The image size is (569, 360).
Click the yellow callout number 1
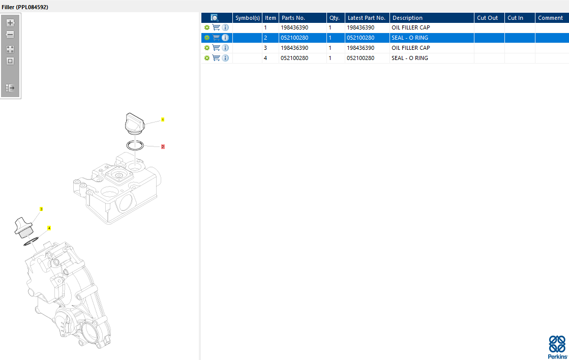tap(163, 119)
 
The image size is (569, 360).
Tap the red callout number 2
tap(163, 146)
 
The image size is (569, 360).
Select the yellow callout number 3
tap(41, 209)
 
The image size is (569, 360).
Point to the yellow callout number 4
tap(49, 228)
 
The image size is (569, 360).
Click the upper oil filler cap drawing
tap(135, 124)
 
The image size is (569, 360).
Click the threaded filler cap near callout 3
tap(23, 227)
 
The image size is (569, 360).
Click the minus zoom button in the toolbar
tap(10, 35)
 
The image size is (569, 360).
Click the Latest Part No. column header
tap(367, 18)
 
